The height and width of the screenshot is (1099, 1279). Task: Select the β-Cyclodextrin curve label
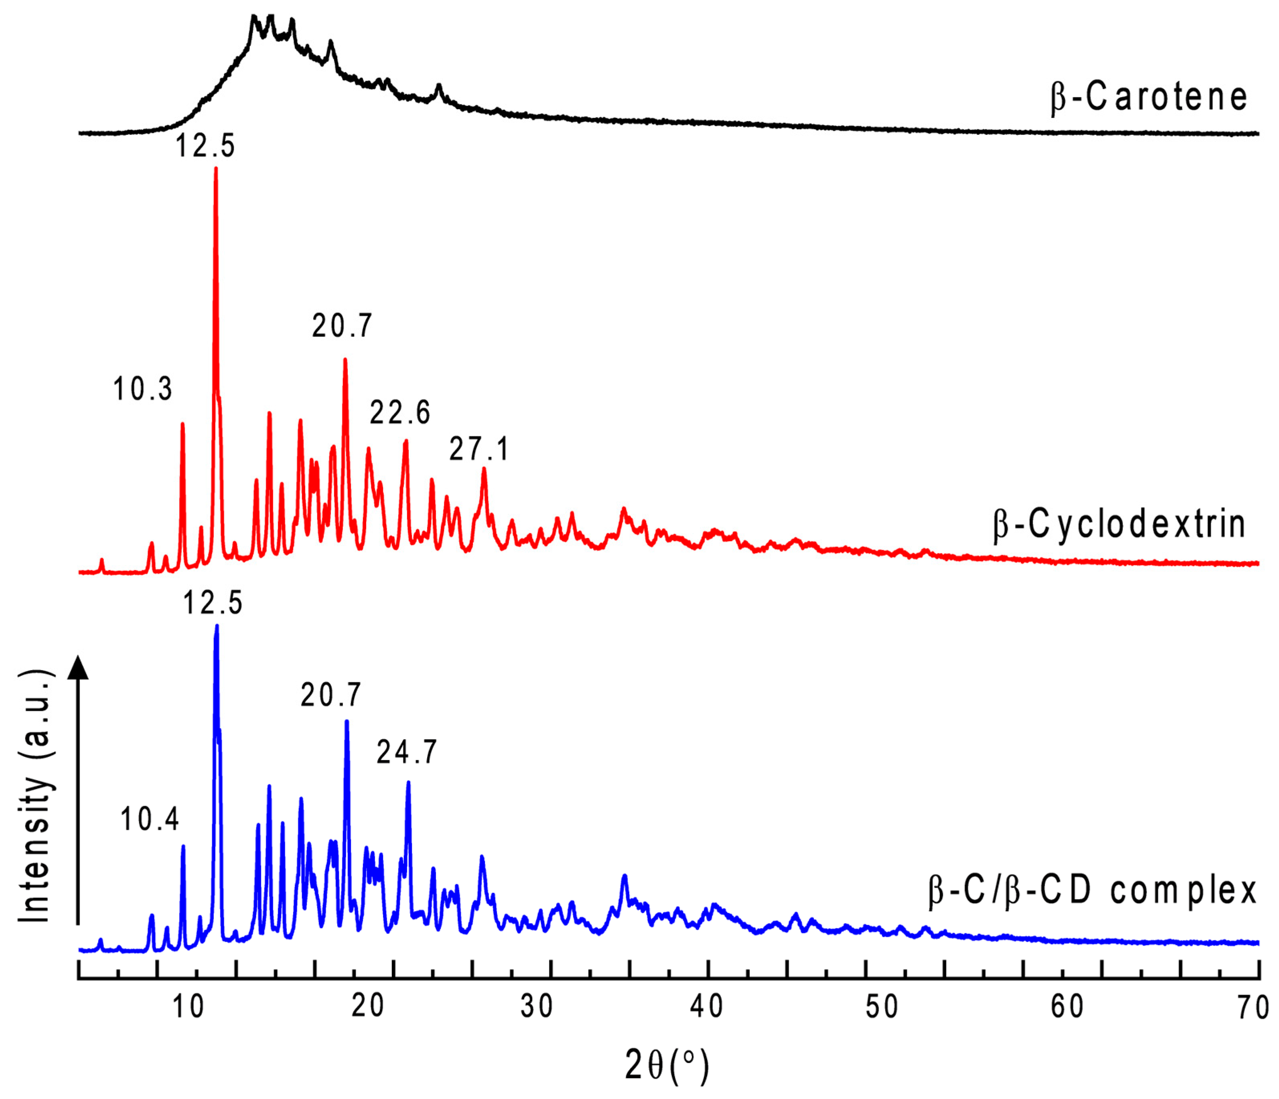pyautogui.click(x=1119, y=525)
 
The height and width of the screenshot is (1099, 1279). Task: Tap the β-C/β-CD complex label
pyautogui.click(x=1093, y=891)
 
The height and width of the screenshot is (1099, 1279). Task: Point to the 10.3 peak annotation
pyautogui.click(x=143, y=389)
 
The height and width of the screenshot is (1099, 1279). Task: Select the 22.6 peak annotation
pyautogui.click(x=400, y=412)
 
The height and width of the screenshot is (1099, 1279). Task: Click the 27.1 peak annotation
pyautogui.click(x=479, y=449)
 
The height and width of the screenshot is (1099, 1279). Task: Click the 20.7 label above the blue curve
pyautogui.click(x=331, y=695)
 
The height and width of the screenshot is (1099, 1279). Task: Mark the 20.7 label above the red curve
pyautogui.click(x=342, y=326)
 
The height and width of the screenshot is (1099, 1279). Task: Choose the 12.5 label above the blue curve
pyautogui.click(x=213, y=602)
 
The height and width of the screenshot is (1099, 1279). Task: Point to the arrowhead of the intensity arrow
pyautogui.click(x=78, y=668)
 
